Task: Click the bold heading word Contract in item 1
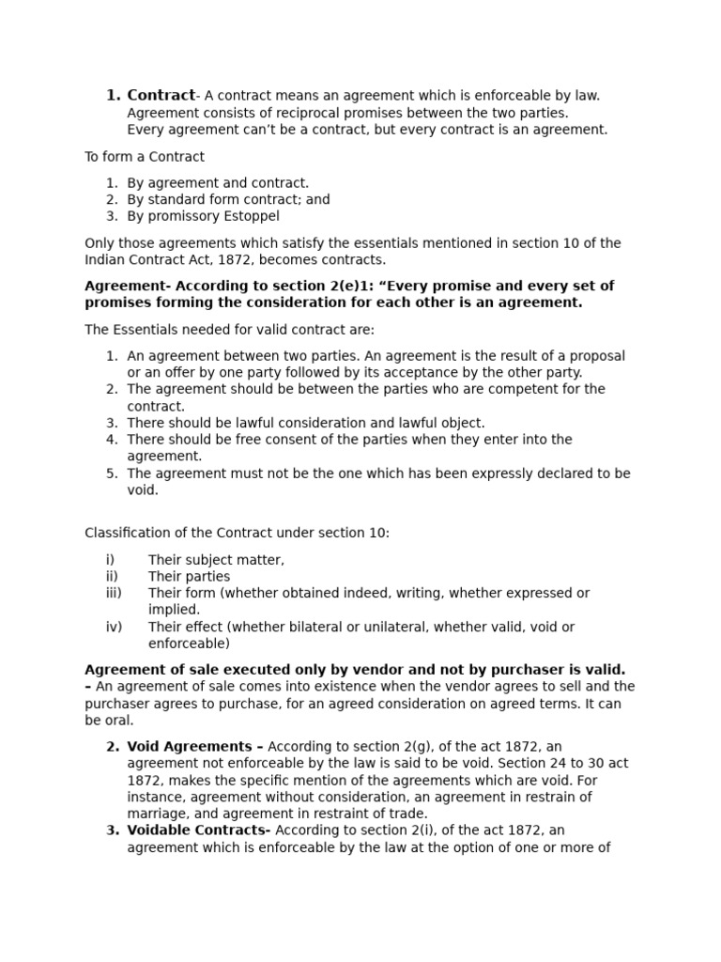161,95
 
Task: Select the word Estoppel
251,216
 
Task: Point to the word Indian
105,259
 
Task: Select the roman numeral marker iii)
114,593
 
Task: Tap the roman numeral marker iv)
114,627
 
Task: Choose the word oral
120,721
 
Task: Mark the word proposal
594,356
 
